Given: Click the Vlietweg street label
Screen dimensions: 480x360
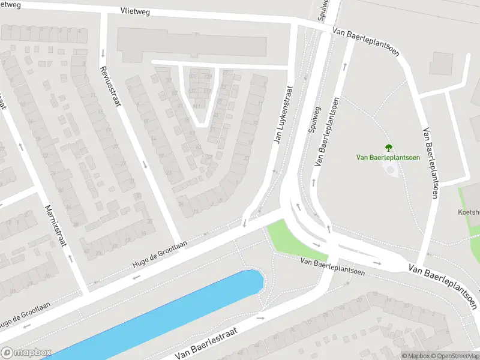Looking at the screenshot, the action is click(x=135, y=11).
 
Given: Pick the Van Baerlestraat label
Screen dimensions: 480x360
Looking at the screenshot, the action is click(x=206, y=343).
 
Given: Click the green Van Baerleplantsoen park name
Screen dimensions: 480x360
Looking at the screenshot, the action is click(x=388, y=158).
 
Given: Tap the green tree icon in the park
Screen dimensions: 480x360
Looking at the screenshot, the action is click(x=388, y=147).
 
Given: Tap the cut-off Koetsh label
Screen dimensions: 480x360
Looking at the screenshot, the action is click(x=468, y=212).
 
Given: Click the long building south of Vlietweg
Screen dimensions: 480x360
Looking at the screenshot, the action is click(x=192, y=44).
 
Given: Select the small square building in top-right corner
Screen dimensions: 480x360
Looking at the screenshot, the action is click(x=442, y=64).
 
